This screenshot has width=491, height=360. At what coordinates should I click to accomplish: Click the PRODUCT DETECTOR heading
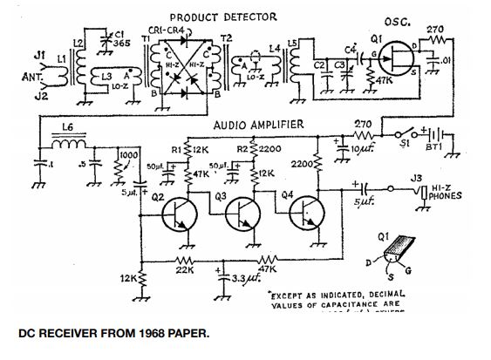tap(223, 17)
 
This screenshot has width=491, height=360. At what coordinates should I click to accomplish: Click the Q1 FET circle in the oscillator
tap(397, 60)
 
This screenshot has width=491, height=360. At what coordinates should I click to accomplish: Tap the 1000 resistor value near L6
tap(128, 154)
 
